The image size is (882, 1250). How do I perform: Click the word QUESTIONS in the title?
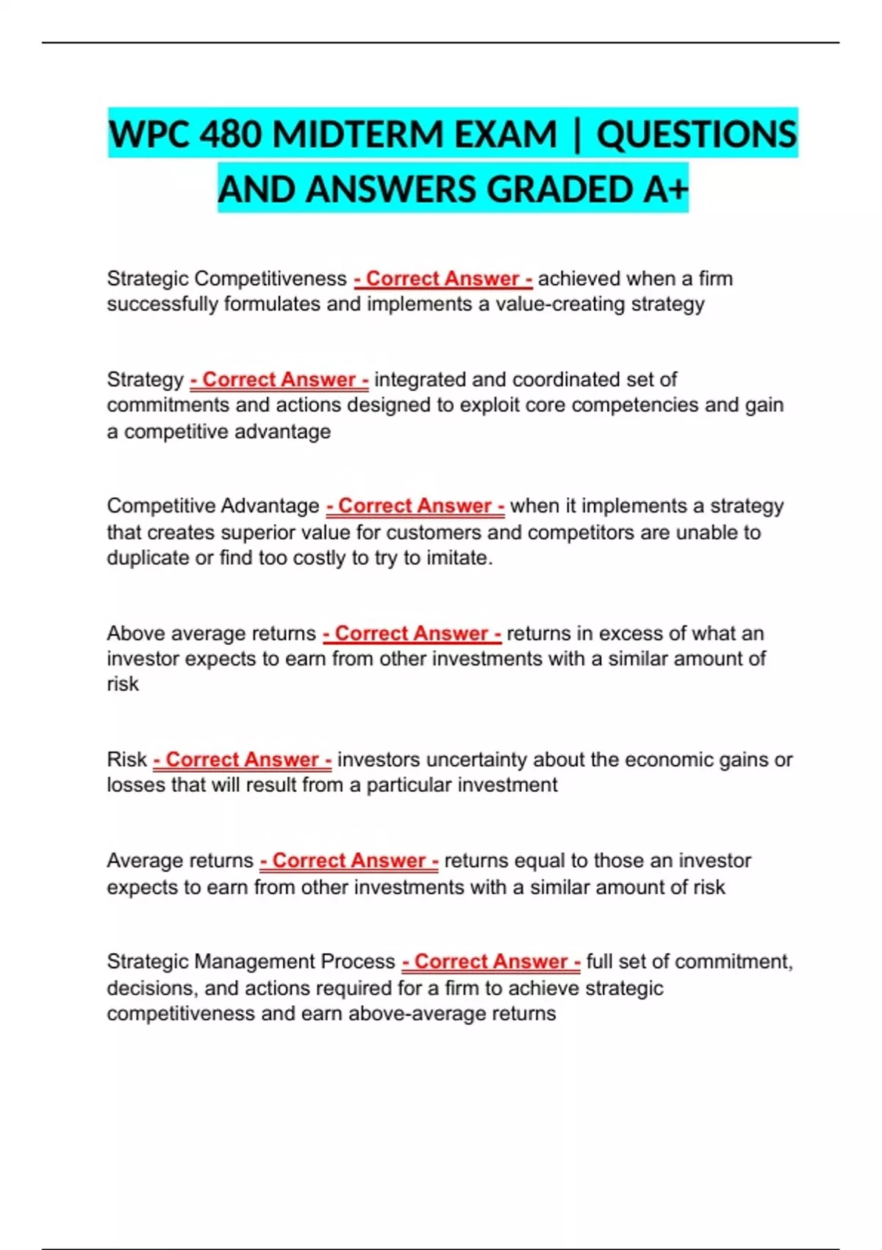[x=696, y=135]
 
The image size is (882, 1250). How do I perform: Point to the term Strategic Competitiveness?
[x=226, y=279]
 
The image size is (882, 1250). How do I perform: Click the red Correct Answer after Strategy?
[x=279, y=379]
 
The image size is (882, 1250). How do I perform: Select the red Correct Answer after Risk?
[x=243, y=760]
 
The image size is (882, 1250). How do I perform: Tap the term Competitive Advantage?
[x=213, y=506]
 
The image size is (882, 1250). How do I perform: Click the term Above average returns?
[x=211, y=633]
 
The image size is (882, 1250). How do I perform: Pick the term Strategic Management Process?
[x=251, y=962]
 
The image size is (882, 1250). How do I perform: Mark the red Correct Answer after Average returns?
[x=349, y=860]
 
